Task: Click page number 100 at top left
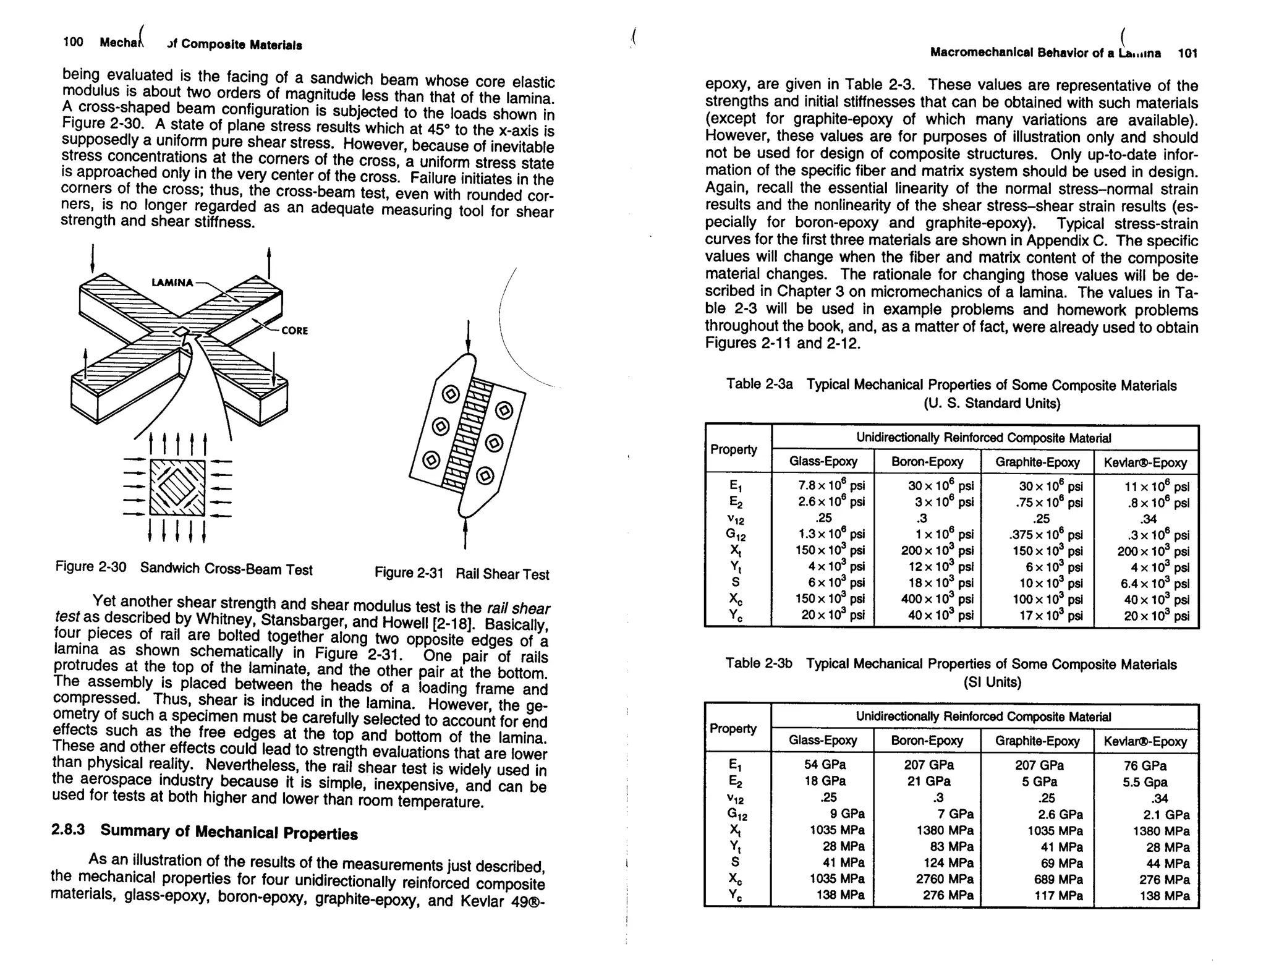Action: coord(73,42)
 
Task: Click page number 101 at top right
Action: coord(1187,53)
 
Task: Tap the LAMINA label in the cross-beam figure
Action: coord(172,283)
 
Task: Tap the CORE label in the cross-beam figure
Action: coord(294,331)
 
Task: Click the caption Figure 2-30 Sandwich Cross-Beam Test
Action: coord(184,568)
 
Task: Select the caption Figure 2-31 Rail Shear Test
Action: coord(461,574)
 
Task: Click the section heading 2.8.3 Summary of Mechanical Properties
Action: coord(204,831)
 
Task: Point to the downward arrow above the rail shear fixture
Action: coord(468,338)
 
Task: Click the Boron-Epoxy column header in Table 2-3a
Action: coord(927,462)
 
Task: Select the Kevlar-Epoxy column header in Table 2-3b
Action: coord(1145,741)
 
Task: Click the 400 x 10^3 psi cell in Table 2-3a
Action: coord(937,599)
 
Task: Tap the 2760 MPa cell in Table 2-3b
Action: coord(944,879)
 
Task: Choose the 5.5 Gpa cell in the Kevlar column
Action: coord(1145,782)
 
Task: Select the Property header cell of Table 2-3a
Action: coord(733,449)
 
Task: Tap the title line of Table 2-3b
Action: coord(951,665)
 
